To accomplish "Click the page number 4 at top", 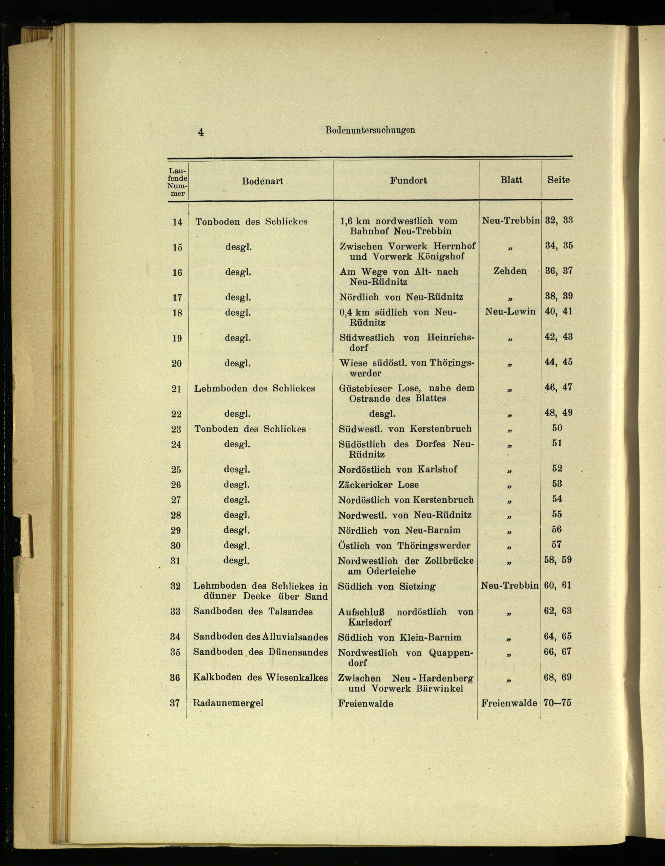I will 201,132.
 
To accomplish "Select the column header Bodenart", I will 262,181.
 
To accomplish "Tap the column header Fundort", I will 408,181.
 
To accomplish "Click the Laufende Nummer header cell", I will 177,182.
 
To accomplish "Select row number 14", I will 177,222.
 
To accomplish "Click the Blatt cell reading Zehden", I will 510,271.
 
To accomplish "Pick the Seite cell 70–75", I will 557,703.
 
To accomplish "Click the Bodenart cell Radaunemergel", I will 228,703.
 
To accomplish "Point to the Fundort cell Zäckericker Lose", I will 378,485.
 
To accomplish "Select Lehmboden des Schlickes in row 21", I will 254,388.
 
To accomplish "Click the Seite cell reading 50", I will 557,428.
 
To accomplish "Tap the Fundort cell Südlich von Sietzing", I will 386,586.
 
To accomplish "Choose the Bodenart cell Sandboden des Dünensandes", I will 260,652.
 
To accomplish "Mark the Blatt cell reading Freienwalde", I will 509,703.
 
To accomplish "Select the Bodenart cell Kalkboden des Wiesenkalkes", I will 260,677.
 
